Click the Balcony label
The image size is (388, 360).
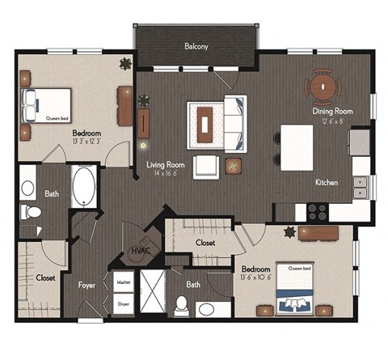pyautogui.click(x=196, y=47)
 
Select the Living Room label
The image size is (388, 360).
pyautogui.click(x=166, y=163)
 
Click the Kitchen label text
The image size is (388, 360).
pyautogui.click(x=327, y=183)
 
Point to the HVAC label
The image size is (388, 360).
pyautogui.click(x=141, y=252)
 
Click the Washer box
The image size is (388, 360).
pyautogui.click(x=124, y=282)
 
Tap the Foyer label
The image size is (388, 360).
pyautogui.click(x=86, y=285)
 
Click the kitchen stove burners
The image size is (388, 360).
pyautogui.click(x=317, y=211)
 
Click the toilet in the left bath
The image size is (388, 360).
pyautogui.click(x=32, y=213)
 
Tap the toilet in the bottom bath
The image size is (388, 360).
pyautogui.click(x=182, y=307)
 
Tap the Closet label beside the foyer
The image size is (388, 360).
pyautogui.click(x=46, y=277)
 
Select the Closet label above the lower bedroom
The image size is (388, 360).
pyautogui.click(x=205, y=242)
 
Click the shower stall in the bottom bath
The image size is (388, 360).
pyautogui.click(x=151, y=294)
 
